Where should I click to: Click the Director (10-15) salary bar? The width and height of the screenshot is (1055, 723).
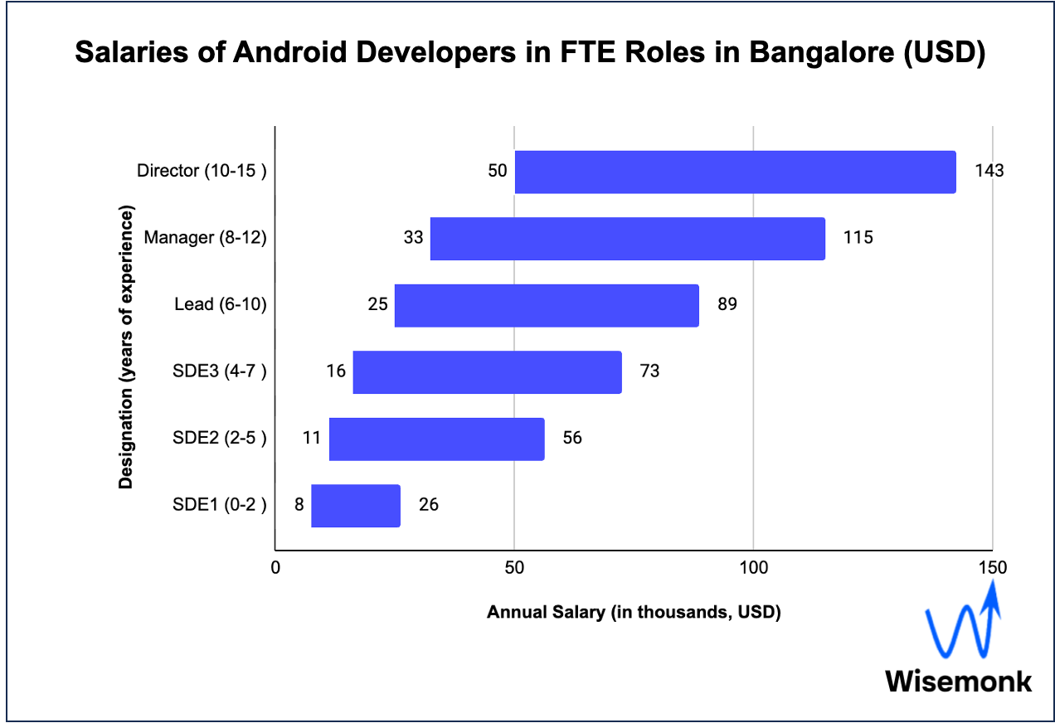(735, 172)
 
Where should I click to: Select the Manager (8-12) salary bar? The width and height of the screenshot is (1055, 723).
(627, 239)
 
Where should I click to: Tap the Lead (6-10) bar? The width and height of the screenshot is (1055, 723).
(547, 306)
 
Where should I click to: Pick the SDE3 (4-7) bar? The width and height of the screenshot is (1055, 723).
(487, 372)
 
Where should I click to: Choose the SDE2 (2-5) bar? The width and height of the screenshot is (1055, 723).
(436, 439)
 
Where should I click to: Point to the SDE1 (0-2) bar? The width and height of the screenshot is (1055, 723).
(356, 506)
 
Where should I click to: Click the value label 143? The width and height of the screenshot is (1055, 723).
(989, 171)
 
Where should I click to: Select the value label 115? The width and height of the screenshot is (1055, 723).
(858, 238)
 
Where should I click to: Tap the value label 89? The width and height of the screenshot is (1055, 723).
(727, 304)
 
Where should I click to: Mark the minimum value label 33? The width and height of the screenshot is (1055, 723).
(414, 238)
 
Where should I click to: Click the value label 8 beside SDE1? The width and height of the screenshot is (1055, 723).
(299, 504)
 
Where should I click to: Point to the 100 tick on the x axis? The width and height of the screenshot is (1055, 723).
(753, 568)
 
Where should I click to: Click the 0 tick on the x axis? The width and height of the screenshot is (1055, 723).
(275, 568)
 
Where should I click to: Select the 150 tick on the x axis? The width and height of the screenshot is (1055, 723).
(993, 568)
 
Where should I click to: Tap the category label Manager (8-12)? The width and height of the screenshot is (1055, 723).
(205, 238)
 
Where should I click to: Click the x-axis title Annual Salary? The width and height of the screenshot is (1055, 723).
(634, 613)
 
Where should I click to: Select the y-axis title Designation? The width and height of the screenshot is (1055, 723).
(126, 349)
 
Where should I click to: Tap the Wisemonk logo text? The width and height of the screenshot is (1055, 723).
(959, 681)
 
